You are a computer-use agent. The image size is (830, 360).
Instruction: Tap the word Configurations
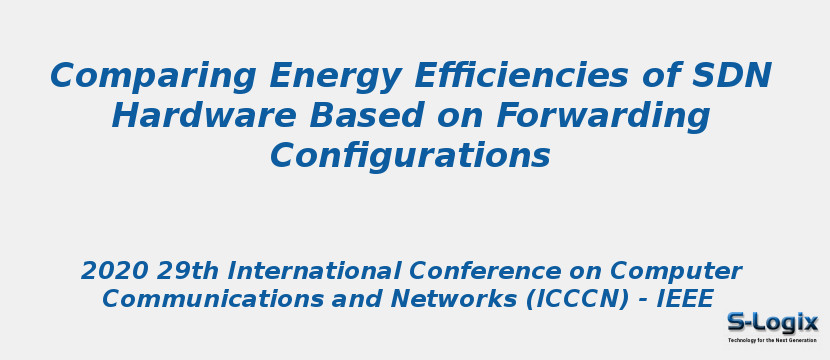coord(410,156)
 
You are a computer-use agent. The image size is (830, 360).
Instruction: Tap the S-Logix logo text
coord(772,322)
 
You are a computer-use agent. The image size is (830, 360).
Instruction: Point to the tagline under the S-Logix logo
coord(772,340)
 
